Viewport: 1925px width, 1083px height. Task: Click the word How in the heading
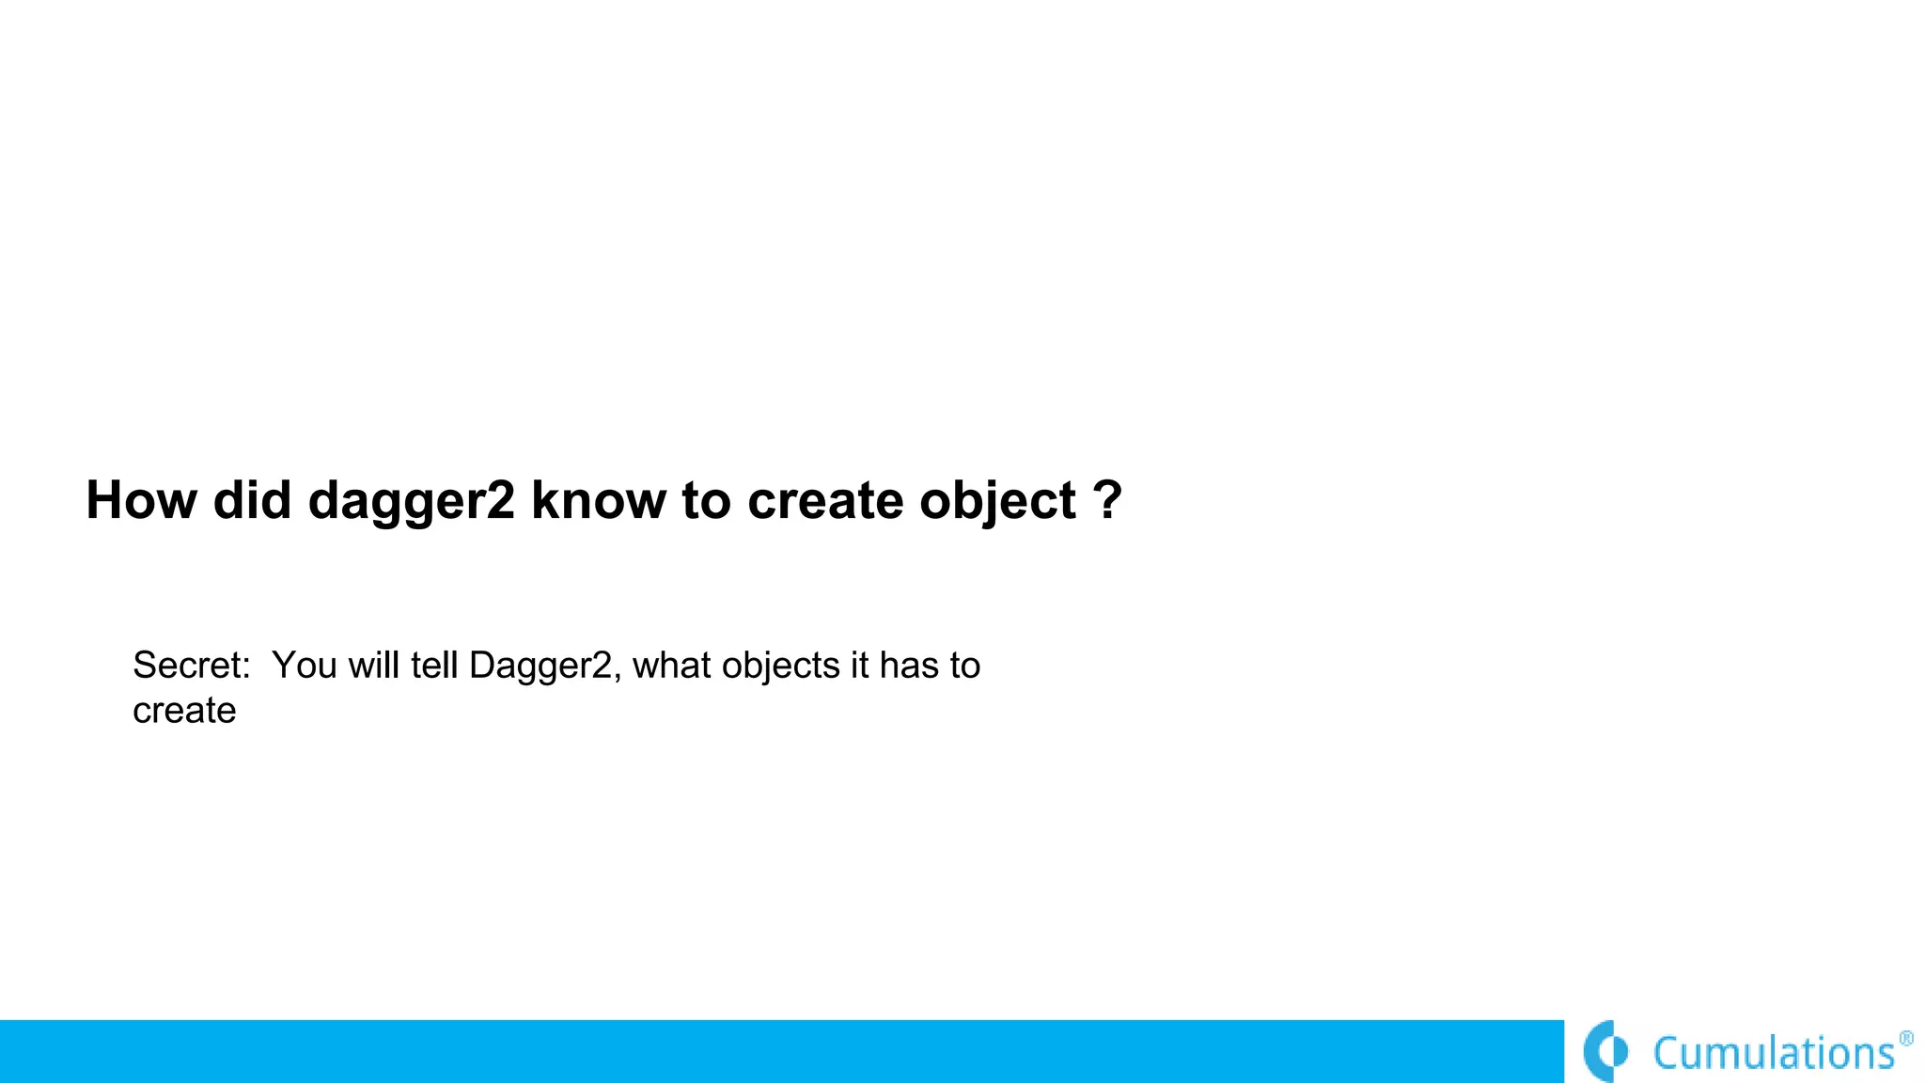(x=141, y=500)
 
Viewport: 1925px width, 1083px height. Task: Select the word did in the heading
(x=252, y=500)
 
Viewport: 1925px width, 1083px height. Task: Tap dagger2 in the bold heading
(x=412, y=502)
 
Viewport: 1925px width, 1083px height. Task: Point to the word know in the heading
(x=599, y=500)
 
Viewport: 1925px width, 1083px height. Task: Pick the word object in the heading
(x=997, y=502)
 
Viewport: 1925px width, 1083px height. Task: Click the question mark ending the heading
(x=1108, y=500)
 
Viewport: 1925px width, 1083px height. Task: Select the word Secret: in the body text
(x=192, y=666)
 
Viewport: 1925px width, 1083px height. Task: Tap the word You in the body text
(x=305, y=666)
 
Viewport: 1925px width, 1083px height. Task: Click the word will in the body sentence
(x=375, y=666)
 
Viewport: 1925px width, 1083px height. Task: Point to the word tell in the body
(x=434, y=666)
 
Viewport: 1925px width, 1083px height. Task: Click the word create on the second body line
(x=184, y=711)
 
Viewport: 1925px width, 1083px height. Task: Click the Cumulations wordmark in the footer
(x=1774, y=1053)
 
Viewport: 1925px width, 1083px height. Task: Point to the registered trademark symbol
(x=1906, y=1038)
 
